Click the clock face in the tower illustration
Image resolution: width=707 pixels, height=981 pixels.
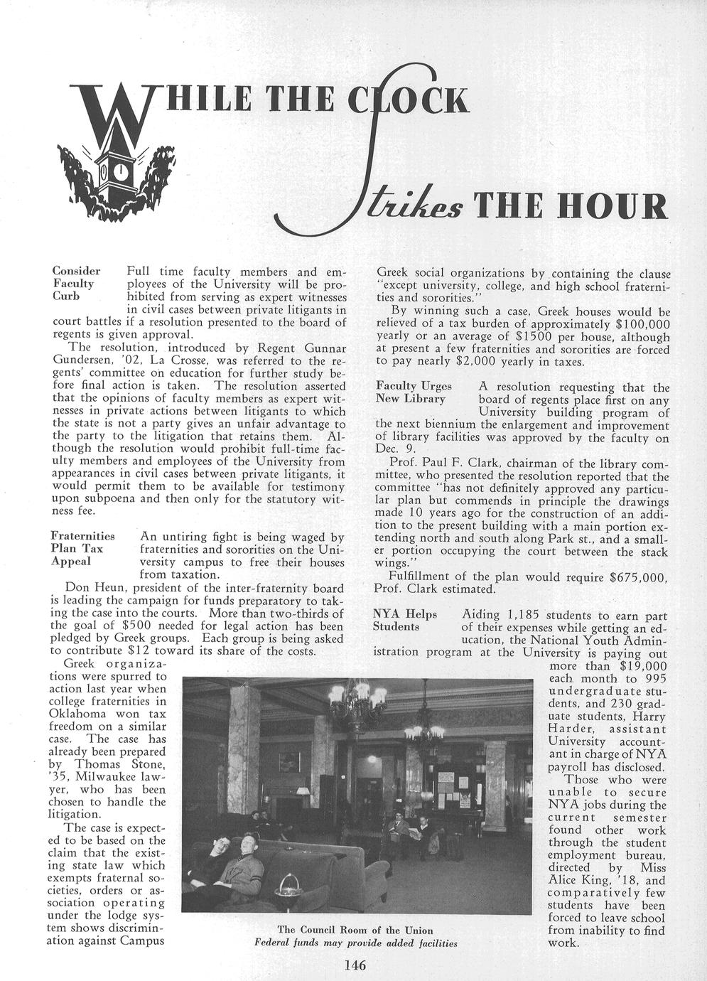(x=121, y=173)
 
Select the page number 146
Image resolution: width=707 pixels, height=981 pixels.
(x=354, y=965)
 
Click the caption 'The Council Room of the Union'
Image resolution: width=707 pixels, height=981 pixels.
(x=355, y=930)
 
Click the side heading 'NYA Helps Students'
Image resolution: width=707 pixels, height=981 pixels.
(x=405, y=620)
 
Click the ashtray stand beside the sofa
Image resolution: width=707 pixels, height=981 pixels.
(x=288, y=889)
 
